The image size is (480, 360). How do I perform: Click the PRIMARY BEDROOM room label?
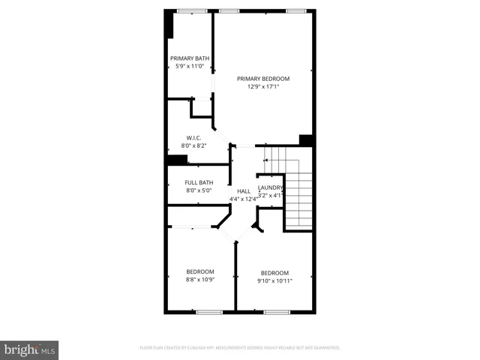262,78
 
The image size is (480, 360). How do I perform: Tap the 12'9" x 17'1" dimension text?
262,86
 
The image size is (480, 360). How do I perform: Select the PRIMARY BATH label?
189,58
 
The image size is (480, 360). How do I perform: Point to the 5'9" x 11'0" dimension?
189,66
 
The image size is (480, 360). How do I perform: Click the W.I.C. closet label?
194,137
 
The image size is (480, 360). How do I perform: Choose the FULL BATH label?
199,182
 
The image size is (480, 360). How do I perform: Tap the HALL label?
244,191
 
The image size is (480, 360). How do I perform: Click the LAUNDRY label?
271,187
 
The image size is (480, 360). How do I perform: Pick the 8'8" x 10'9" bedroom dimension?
200,280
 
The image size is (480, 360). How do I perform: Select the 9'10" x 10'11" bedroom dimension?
274,280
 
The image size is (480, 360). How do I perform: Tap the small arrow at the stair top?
265,159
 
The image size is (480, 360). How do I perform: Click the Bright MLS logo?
30,349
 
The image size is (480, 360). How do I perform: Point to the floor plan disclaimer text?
240,348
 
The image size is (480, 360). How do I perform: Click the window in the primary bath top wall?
193,10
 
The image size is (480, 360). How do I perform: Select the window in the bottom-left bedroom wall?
208,311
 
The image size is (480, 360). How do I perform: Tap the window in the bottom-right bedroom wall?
277,311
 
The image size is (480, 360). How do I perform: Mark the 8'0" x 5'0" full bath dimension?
199,190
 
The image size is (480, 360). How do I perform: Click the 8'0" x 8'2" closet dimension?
194,145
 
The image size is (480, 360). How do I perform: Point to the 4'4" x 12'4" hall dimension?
244,199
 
